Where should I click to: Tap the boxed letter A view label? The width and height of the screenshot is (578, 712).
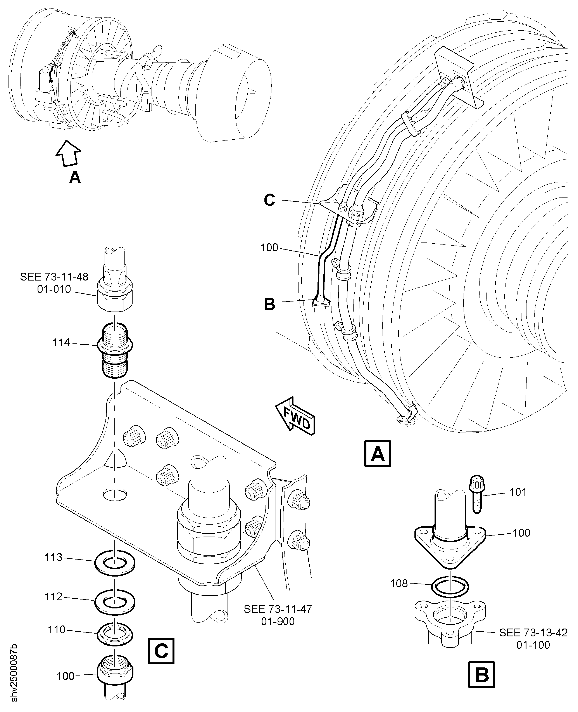pyautogui.click(x=377, y=454)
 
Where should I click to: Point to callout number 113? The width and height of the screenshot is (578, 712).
pyautogui.click(x=53, y=557)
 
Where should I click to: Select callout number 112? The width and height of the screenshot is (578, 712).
pyautogui.click(x=53, y=597)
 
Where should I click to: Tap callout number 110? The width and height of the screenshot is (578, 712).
pyautogui.click(x=57, y=630)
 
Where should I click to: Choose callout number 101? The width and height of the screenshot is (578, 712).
pyautogui.click(x=518, y=492)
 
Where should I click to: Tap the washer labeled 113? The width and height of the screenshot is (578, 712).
pyautogui.click(x=115, y=563)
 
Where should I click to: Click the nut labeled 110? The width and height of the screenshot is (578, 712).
pyautogui.click(x=115, y=633)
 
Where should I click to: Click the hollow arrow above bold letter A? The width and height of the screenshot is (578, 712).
pyautogui.click(x=68, y=152)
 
